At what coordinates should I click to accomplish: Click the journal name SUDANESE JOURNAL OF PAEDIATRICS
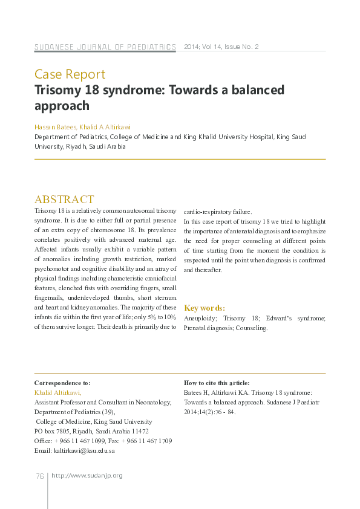pyautogui.click(x=105, y=47)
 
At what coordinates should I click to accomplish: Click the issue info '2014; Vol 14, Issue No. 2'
pyautogui.click(x=221, y=47)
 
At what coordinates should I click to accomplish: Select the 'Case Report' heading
pyautogui.click(x=70, y=74)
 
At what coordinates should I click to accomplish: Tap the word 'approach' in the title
pyautogui.click(x=62, y=106)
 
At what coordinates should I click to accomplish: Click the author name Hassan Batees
pyautogui.click(x=54, y=128)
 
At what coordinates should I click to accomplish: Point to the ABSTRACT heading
pyautogui.click(x=64, y=199)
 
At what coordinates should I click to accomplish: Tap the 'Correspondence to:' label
pyautogui.click(x=62, y=383)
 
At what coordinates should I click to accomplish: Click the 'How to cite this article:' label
pyautogui.click(x=216, y=383)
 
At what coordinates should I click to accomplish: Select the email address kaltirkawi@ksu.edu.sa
pyautogui.click(x=84, y=450)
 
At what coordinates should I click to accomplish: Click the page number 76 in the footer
pyautogui.click(x=39, y=476)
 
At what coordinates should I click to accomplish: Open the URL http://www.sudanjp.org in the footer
pyautogui.click(x=87, y=476)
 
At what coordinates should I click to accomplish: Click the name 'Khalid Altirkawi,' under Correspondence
pyautogui.click(x=57, y=392)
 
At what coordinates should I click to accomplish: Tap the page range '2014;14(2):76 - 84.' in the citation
pyautogui.click(x=209, y=412)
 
